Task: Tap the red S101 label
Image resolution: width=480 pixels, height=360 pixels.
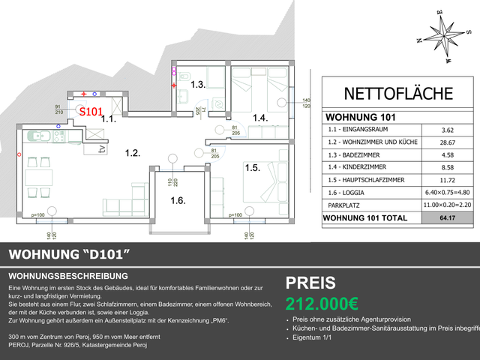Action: tap(91, 112)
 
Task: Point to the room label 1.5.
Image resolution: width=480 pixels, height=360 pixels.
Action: tap(251, 168)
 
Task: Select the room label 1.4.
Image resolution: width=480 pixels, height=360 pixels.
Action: tap(259, 118)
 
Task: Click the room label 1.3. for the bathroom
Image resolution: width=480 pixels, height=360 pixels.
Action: tap(197, 85)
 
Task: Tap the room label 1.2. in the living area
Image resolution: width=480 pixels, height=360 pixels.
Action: tap(132, 152)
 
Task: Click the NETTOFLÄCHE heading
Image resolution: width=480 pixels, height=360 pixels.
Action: tap(397, 94)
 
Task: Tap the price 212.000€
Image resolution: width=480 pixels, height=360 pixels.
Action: tap(322, 304)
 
